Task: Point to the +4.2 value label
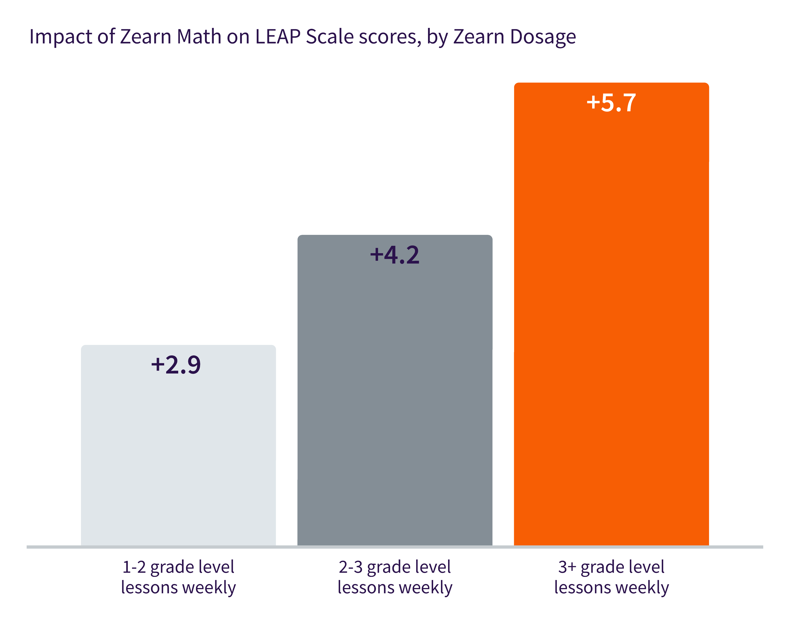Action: point(395,255)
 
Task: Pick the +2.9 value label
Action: point(176,365)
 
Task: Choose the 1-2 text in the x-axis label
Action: point(134,567)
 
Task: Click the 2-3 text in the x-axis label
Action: point(350,567)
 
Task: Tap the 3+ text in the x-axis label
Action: point(567,567)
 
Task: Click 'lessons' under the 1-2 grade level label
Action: point(149,588)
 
